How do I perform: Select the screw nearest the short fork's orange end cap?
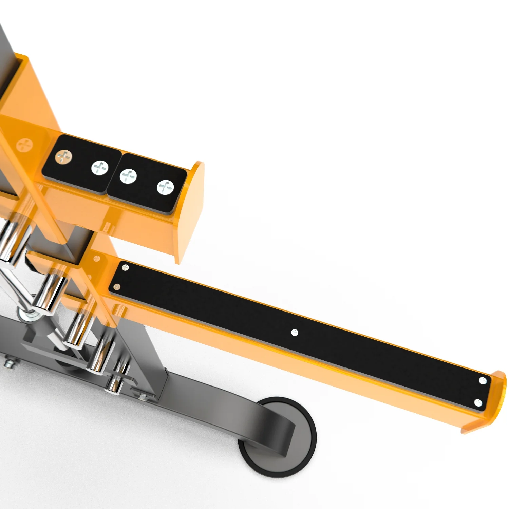(165, 187)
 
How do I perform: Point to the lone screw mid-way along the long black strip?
(295, 333)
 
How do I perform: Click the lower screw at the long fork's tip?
(478, 403)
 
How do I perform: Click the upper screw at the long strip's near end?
(125, 268)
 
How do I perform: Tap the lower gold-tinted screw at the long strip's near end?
(117, 287)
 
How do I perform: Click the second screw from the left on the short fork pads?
(100, 167)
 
